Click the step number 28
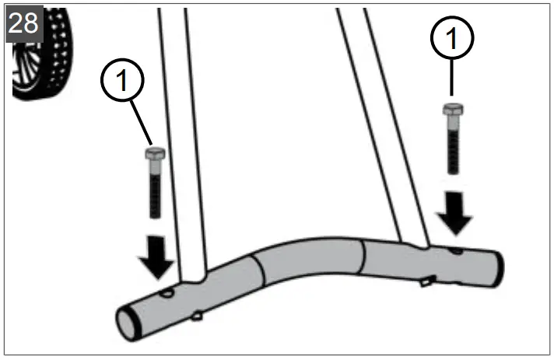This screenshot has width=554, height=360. coord(23,23)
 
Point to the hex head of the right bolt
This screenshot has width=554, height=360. coord(451,110)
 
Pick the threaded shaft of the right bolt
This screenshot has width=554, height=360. coord(452,148)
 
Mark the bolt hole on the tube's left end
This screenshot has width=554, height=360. coord(167,294)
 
